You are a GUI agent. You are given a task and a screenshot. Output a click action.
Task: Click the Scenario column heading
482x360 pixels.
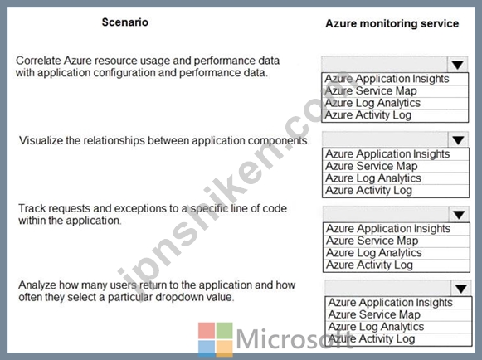coord(125,22)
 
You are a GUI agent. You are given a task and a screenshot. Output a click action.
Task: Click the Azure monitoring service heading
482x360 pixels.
coord(392,23)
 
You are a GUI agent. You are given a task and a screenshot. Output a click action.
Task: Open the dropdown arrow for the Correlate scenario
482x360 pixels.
coord(458,65)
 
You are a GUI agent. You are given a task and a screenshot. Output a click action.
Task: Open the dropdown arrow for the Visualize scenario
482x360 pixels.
coord(458,140)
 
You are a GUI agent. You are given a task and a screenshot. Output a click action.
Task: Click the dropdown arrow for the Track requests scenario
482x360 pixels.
coord(459,215)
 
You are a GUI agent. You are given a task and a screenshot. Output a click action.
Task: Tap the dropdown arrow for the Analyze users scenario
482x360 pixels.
coord(461,289)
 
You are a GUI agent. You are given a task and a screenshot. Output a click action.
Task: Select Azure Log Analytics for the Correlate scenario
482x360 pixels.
coord(372,103)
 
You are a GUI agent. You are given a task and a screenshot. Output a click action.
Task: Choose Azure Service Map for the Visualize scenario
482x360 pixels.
coord(372,166)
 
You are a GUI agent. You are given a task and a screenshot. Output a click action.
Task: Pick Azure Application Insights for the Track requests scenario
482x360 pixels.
coord(388,229)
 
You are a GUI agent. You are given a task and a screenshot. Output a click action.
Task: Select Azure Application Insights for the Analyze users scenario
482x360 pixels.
coord(391,303)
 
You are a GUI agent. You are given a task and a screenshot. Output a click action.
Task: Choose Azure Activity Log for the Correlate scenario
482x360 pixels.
coord(368,115)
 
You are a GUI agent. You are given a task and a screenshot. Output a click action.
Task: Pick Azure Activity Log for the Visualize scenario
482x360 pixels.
coord(368,191)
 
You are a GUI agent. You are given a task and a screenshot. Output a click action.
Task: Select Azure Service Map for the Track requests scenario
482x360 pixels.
coord(372,241)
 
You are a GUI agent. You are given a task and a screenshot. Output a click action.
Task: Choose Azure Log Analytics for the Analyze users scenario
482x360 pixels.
coord(376,327)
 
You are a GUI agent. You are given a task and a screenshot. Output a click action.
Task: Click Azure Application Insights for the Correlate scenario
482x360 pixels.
coord(387,79)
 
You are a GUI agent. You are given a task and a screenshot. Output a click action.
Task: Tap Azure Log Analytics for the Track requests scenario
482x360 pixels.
coord(374,253)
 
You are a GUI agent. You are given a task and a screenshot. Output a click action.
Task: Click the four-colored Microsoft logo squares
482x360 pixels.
coord(216,339)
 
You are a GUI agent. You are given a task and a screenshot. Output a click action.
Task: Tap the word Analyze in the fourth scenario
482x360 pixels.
coord(37,285)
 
